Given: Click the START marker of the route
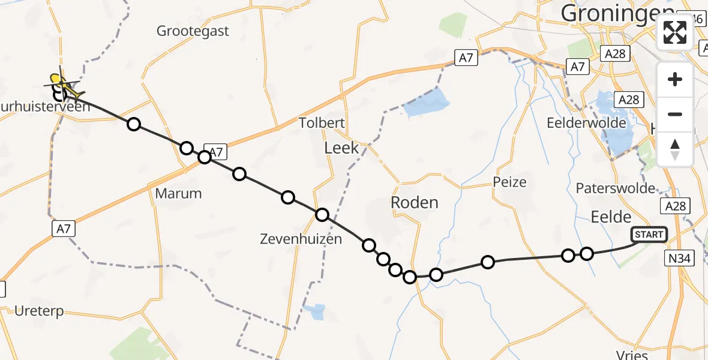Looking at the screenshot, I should click(649, 235).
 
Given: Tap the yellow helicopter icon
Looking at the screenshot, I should click(62, 85).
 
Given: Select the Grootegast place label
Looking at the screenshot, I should click(193, 31).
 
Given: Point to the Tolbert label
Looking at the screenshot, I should click(323, 124).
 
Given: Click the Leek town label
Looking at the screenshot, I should click(341, 148).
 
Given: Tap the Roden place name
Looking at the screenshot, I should click(414, 202).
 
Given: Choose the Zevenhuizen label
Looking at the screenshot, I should click(301, 239).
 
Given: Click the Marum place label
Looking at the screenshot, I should click(178, 193).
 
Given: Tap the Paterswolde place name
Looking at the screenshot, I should click(616, 188).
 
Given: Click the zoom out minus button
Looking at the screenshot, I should click(675, 114).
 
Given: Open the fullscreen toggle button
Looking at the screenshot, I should click(675, 32).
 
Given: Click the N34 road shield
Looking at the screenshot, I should click(680, 259).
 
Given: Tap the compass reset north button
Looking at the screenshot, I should click(675, 149).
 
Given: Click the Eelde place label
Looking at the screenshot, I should click(611, 217).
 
